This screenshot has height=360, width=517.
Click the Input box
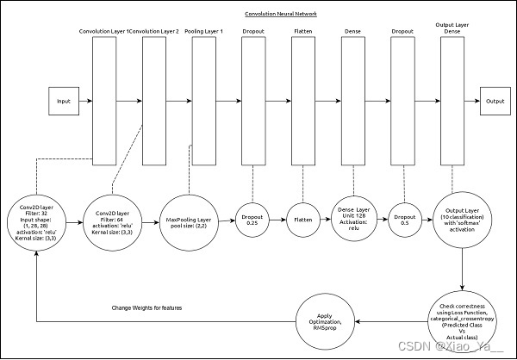pos(64,102)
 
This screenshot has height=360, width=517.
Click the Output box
pos(495,102)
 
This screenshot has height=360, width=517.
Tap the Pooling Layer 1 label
pos(203,31)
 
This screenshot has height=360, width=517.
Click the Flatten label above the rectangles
pos(304,31)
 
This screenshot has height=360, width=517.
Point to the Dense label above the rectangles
pos(352,31)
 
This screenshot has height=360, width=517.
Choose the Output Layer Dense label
pos(451,27)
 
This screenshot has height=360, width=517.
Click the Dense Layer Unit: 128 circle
pos(352,216)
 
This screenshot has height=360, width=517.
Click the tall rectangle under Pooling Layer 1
pos(204,102)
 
